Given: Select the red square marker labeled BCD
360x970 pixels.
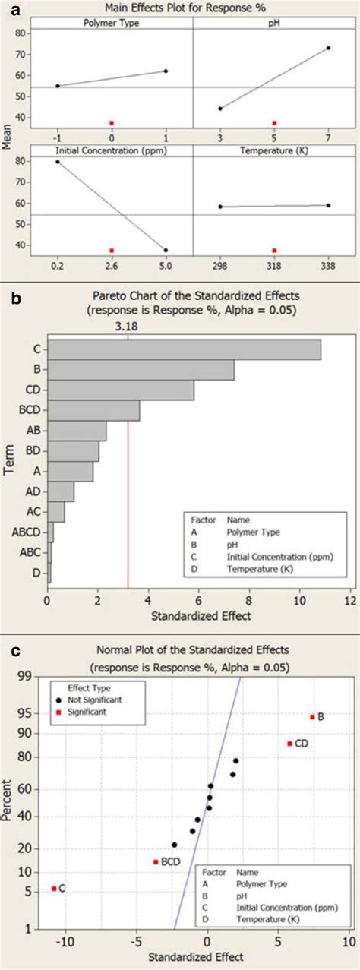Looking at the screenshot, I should click(156, 861).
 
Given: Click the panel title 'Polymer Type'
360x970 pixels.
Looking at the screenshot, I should click(112, 24).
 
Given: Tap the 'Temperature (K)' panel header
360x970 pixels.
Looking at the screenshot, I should click(274, 152).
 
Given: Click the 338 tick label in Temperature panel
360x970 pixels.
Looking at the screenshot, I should click(328, 267).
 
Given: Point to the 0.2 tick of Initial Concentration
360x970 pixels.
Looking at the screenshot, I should click(57, 267).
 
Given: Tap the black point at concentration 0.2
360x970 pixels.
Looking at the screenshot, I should click(57, 162).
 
